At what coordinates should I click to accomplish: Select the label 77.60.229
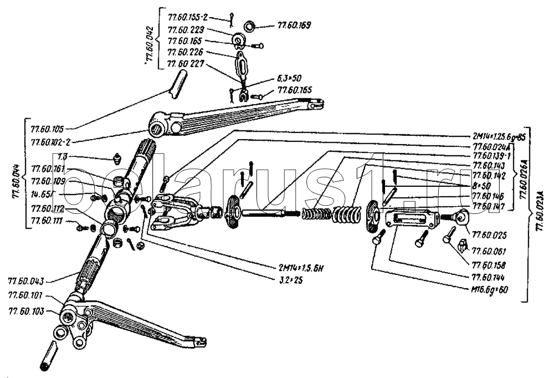186,30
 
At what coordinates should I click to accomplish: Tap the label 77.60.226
186,53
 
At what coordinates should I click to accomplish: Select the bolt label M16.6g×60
490,289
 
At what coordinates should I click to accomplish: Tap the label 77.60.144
490,275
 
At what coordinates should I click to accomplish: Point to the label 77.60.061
490,251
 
